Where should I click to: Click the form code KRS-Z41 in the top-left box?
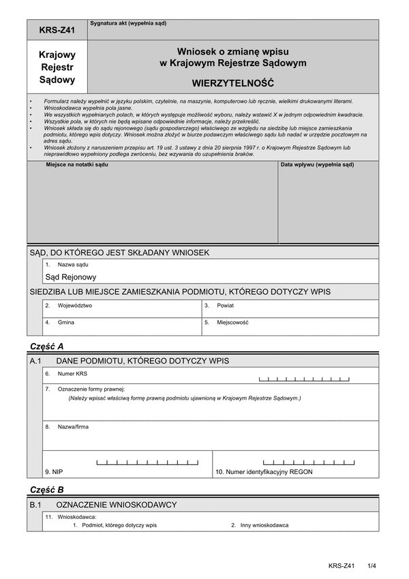[57, 29]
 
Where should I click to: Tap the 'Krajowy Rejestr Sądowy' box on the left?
[57, 67]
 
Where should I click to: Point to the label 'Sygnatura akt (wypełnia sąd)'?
[127, 23]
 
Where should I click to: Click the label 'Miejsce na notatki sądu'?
[77, 165]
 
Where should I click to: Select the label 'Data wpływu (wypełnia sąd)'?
[318, 165]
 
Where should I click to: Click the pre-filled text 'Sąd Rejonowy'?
[71, 278]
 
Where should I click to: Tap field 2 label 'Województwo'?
[75, 306]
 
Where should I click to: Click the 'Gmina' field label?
[66, 322]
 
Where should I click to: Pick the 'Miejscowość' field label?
[232, 322]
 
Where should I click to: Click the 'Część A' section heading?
[47, 346]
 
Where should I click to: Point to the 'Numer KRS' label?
[72, 374]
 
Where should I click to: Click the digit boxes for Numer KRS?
[305, 378]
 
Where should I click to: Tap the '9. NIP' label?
[55, 471]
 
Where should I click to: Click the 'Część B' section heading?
[47, 489]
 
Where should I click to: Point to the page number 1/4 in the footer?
[372, 565]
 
